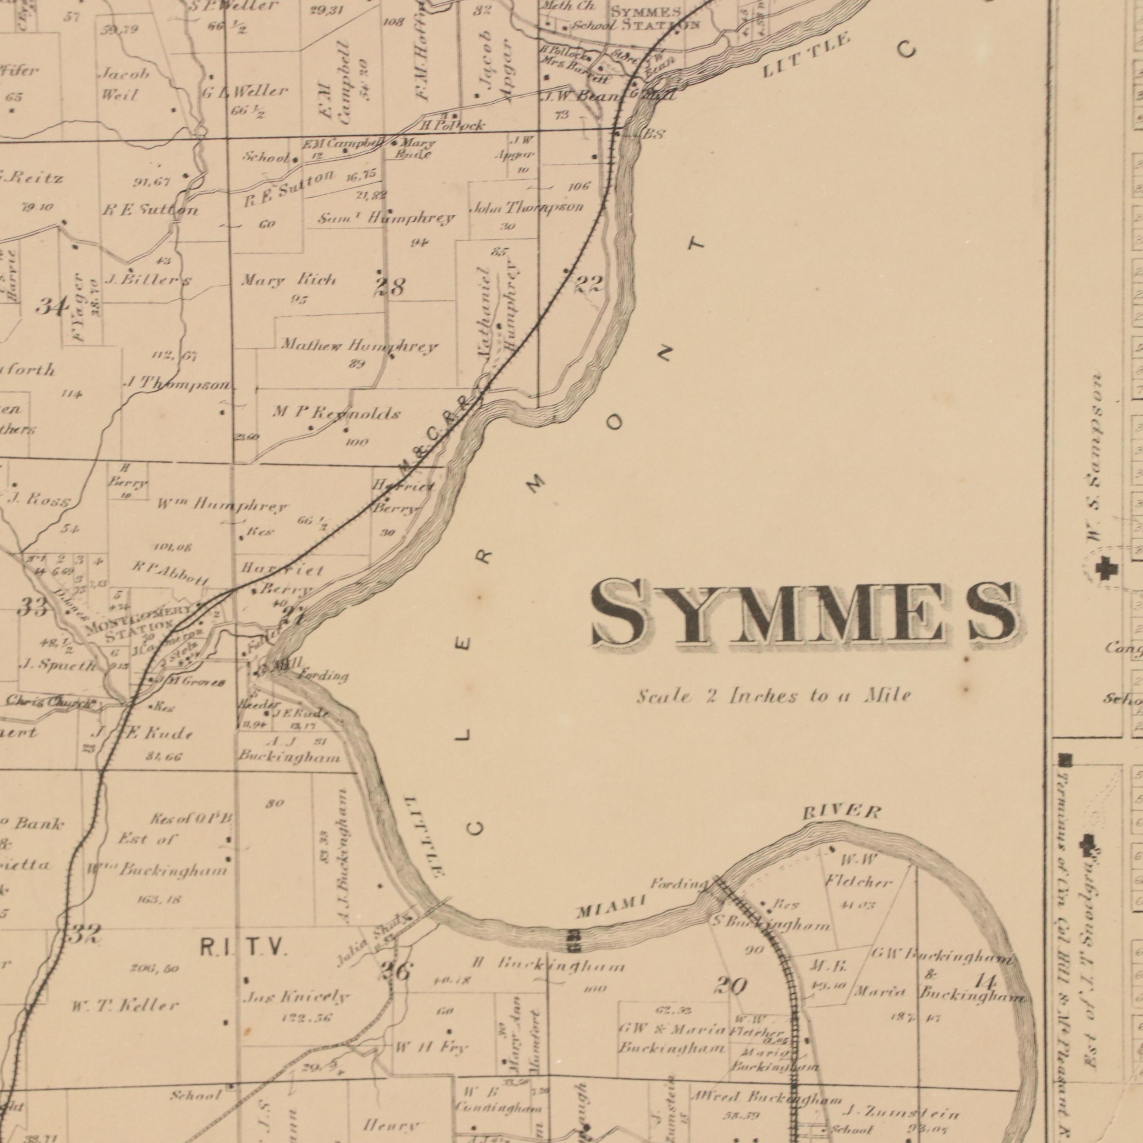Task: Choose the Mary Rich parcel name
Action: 288,280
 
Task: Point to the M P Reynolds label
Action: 337,414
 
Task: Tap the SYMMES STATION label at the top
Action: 655,19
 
